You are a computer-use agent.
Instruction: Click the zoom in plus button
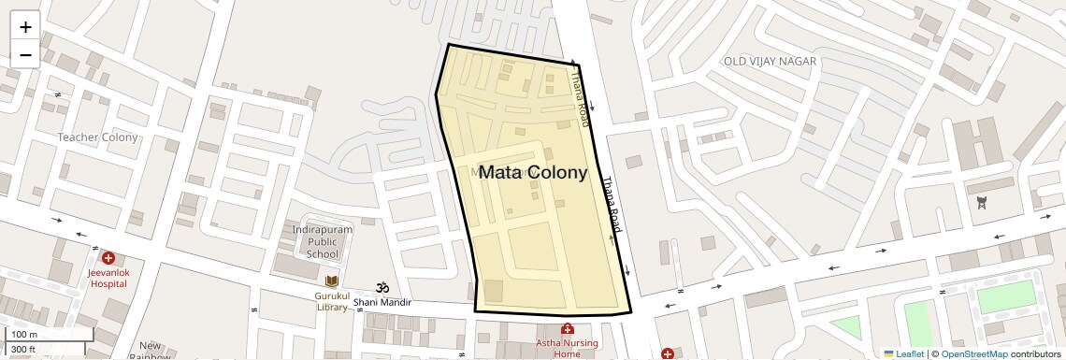pyautogui.click(x=25, y=27)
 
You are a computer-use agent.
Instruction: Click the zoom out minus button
pyautogui.click(x=25, y=54)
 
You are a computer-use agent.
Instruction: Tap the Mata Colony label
pyautogui.click(x=532, y=172)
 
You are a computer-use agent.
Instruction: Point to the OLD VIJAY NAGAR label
pyautogui.click(x=770, y=61)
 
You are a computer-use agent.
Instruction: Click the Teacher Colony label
pyautogui.click(x=97, y=137)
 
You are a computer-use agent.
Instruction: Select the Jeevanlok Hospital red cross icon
pyautogui.click(x=108, y=257)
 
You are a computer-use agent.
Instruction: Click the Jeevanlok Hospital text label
pyautogui.click(x=108, y=277)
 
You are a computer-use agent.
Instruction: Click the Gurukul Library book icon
pyautogui.click(x=331, y=281)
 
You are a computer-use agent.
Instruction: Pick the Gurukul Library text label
pyautogui.click(x=331, y=301)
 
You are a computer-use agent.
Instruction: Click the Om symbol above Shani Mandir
pyautogui.click(x=382, y=287)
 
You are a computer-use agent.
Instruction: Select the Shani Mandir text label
pyautogui.click(x=382, y=302)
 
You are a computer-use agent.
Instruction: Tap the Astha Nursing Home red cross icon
pyautogui.click(x=567, y=328)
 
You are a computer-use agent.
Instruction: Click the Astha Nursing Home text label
pyautogui.click(x=567, y=348)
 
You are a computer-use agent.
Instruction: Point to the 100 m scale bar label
pyautogui.click(x=24, y=335)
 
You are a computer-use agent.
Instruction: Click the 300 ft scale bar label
pyautogui.click(x=23, y=349)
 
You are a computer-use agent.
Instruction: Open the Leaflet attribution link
pyautogui.click(x=902, y=353)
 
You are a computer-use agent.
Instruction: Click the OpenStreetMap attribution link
pyautogui.click(x=973, y=353)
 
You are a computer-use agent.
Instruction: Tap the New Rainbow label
pyautogui.click(x=150, y=351)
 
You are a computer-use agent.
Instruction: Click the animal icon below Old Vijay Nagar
pyautogui.click(x=982, y=202)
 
